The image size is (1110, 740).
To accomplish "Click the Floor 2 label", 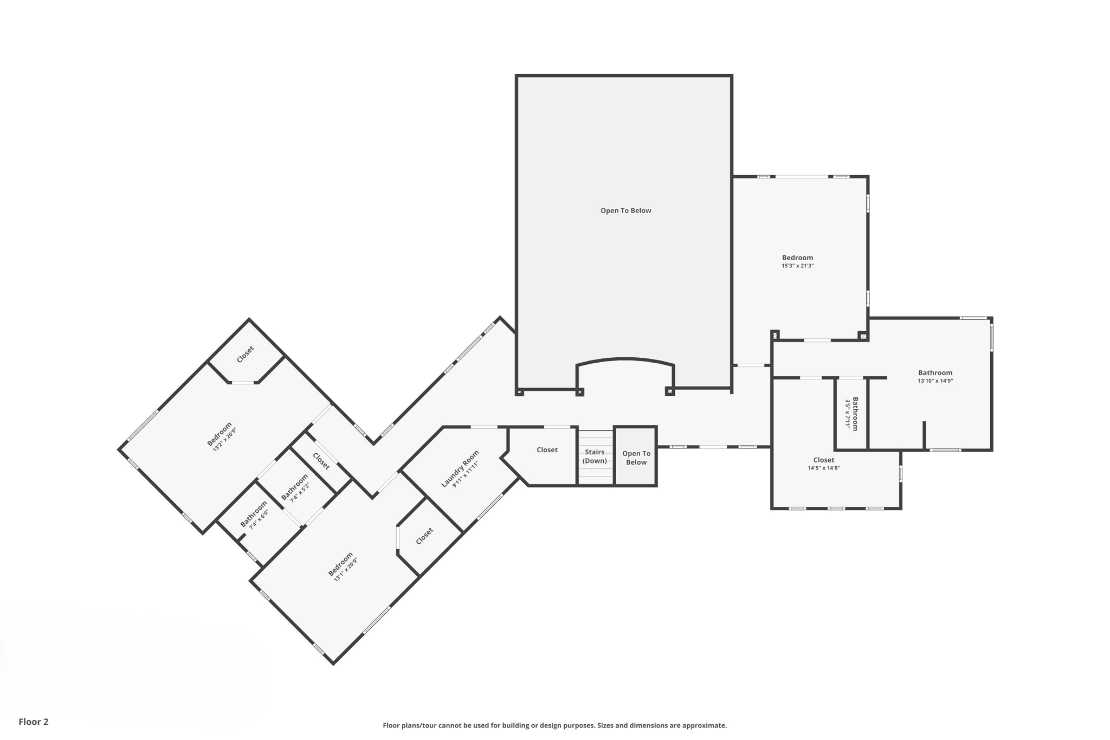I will pyautogui.click(x=34, y=722).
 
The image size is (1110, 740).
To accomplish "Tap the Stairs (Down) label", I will pyautogui.click(x=595, y=456).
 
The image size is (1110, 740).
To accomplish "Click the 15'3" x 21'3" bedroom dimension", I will pyautogui.click(x=797, y=266).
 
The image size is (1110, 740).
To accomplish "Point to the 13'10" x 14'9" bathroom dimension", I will pyautogui.click(x=935, y=381).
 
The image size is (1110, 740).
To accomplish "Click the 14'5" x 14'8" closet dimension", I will pyautogui.click(x=823, y=468).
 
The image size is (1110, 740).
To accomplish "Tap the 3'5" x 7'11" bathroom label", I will pyautogui.click(x=851, y=414).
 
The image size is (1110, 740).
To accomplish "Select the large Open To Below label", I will pyautogui.click(x=625, y=211).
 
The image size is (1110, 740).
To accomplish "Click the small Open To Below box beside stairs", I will pyautogui.click(x=636, y=458).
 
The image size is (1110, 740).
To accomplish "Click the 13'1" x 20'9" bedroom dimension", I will pyautogui.click(x=345, y=570).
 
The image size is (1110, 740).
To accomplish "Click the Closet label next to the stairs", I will pyautogui.click(x=547, y=450).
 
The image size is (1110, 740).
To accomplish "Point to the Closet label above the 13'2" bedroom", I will pyautogui.click(x=245, y=355).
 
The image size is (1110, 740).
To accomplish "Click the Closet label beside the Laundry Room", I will pyautogui.click(x=424, y=536).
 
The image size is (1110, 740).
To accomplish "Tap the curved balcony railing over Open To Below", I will pyautogui.click(x=625, y=359).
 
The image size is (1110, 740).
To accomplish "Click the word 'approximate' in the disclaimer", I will pyautogui.click(x=704, y=725).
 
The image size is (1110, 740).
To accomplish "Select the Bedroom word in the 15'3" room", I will pyautogui.click(x=797, y=258).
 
